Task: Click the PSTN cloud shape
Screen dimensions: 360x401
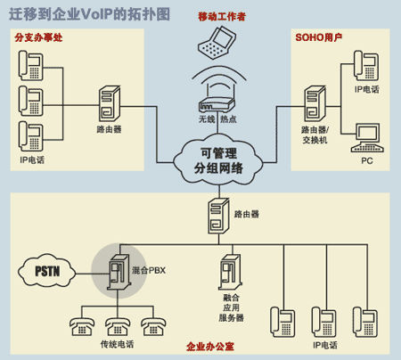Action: [44, 270]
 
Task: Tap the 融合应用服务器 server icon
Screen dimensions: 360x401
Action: [230, 273]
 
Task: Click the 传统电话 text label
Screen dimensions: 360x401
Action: [117, 343]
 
